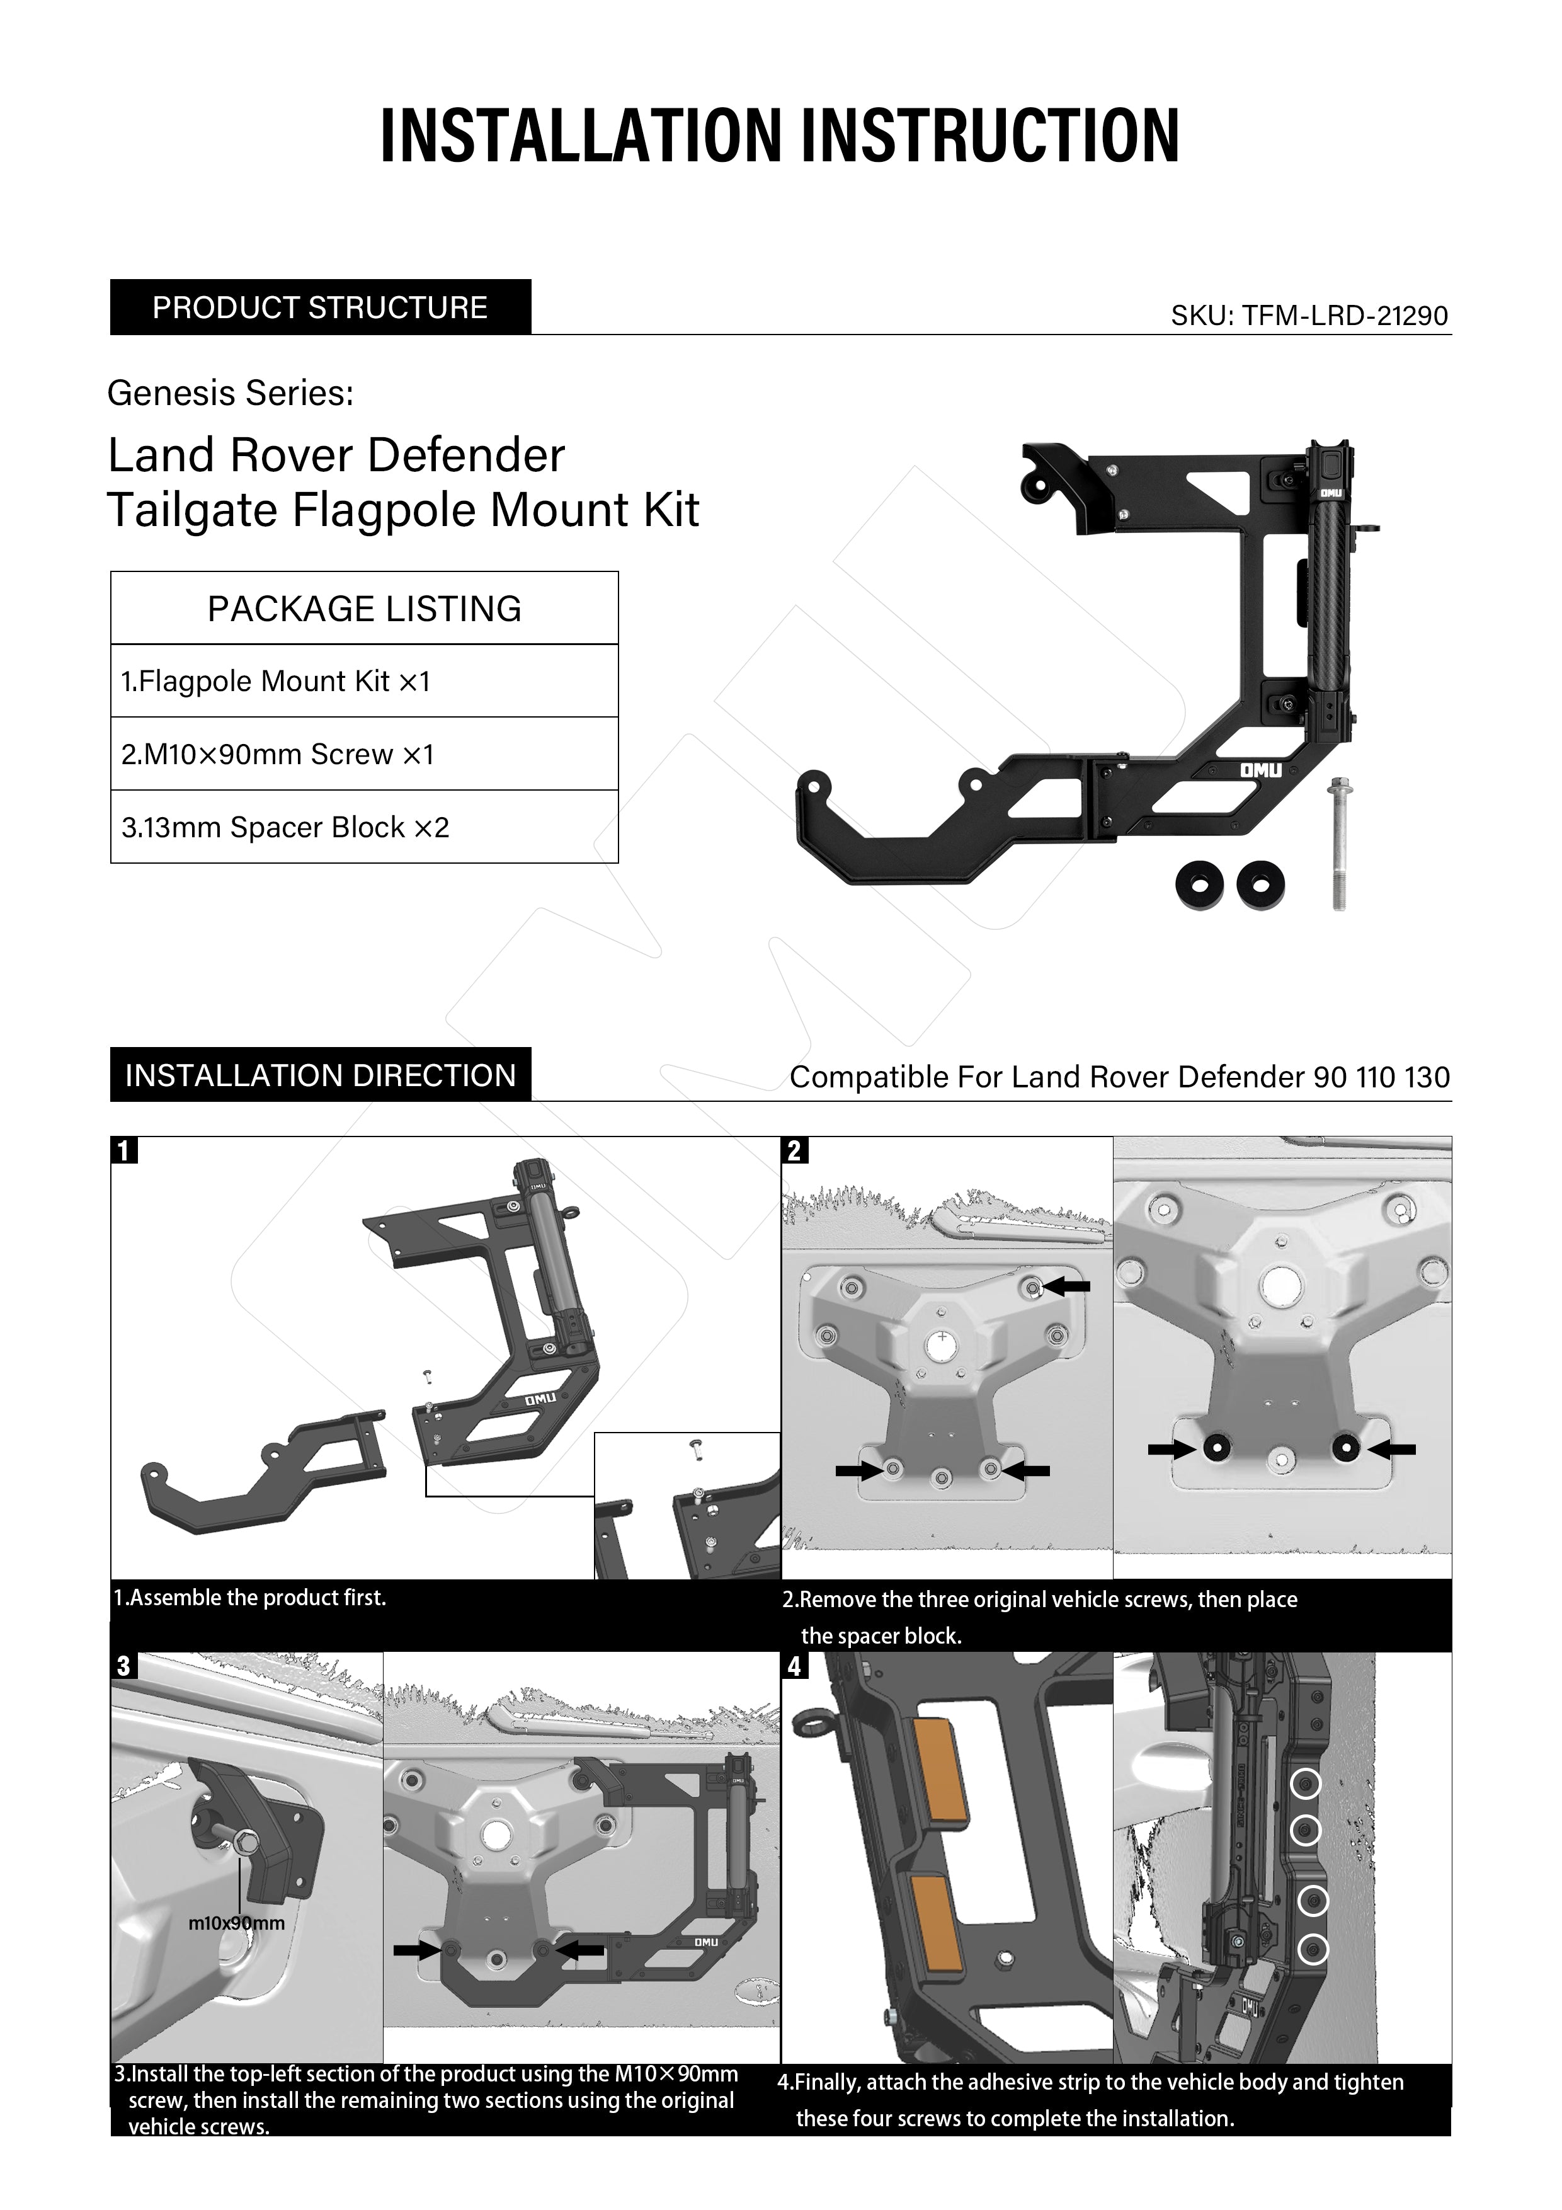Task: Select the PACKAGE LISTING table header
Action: click(364, 609)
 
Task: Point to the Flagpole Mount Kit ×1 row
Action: click(364, 682)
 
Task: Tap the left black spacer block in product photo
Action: click(1198, 883)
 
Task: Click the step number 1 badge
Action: click(124, 1150)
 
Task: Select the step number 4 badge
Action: click(794, 1666)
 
